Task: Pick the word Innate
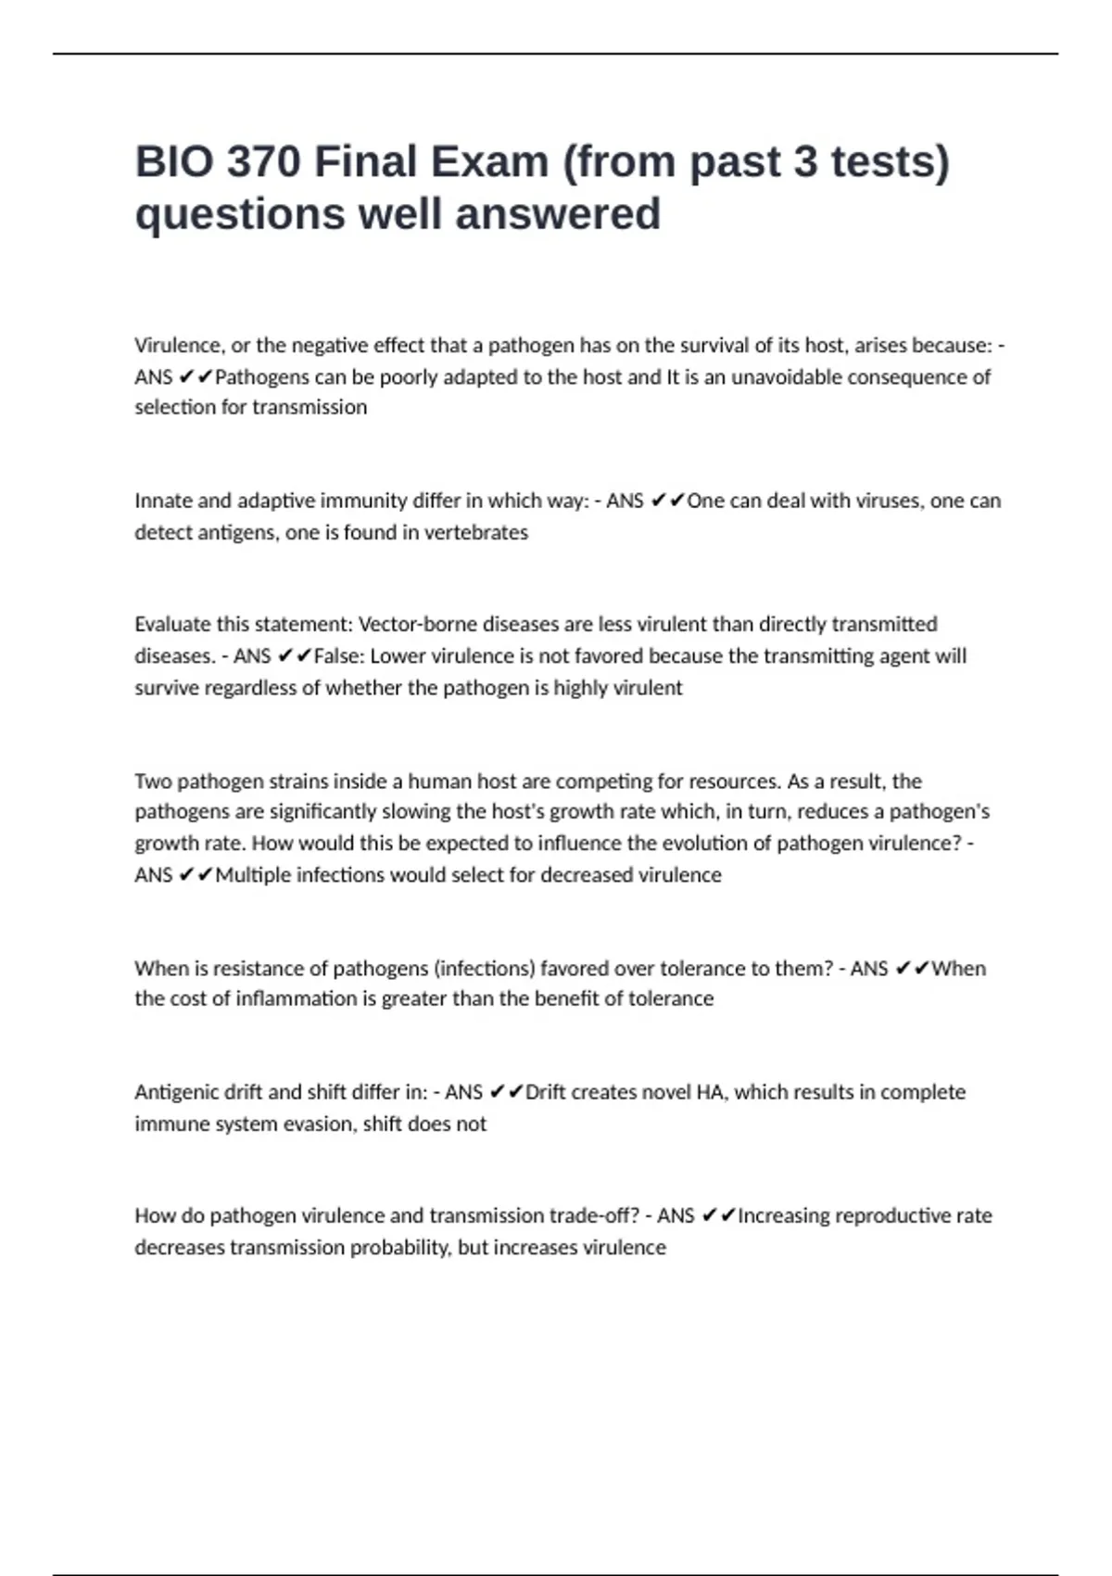point(163,501)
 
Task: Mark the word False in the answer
point(338,656)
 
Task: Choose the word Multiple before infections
point(253,875)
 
